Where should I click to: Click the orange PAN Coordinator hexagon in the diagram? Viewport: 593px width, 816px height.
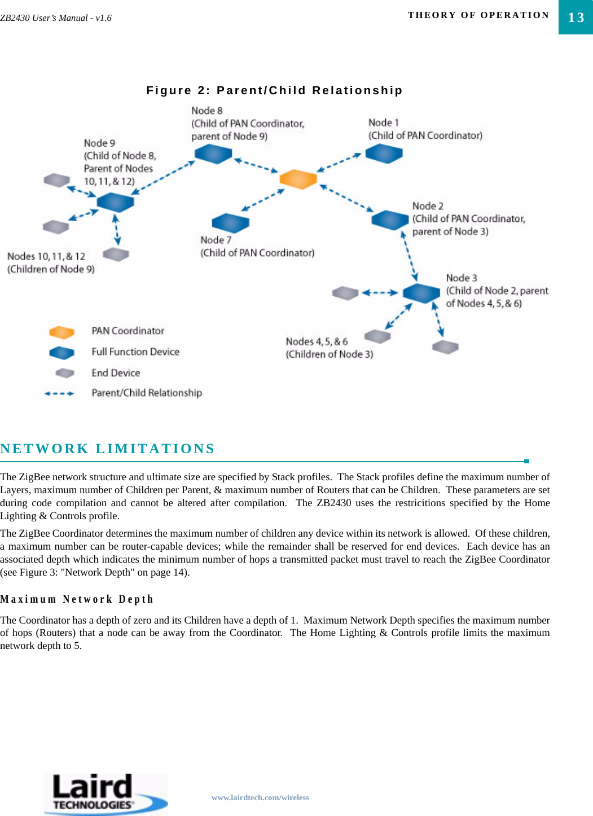pos(298,179)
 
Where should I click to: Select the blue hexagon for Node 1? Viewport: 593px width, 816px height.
pos(384,153)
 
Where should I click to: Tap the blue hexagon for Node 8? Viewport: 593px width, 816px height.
pos(213,153)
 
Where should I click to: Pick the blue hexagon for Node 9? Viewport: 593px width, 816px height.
pos(115,201)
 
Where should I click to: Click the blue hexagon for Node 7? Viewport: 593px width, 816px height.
pos(230,223)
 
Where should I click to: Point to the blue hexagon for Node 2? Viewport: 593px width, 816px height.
pos(390,220)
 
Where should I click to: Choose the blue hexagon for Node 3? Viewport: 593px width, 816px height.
pos(421,293)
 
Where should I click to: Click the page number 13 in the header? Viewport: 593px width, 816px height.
pos(576,17)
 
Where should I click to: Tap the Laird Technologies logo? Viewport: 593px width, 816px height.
pos(106,793)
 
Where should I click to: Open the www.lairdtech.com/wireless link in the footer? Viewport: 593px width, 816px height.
pos(260,797)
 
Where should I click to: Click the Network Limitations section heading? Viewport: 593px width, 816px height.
pos(107,449)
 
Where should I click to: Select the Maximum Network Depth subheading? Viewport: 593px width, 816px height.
pos(77,599)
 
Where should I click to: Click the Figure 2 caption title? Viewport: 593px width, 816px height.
pos(274,90)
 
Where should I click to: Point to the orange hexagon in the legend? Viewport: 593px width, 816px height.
pos(62,332)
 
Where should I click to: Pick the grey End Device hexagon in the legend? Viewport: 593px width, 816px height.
pos(65,373)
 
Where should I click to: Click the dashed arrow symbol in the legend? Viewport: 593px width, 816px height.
pos(59,393)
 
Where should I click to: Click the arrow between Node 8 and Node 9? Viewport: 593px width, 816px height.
pos(163,177)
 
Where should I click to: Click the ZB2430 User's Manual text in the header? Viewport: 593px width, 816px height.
pos(56,18)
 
